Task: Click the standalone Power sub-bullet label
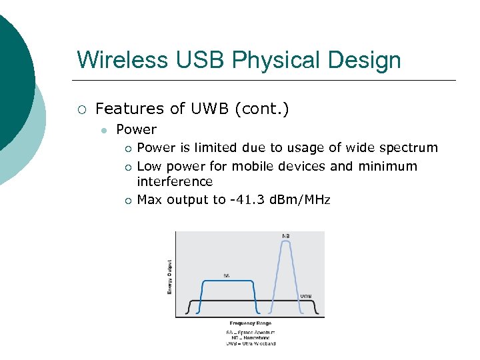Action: coord(136,129)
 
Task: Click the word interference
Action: coord(175,181)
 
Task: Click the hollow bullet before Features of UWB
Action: coord(81,109)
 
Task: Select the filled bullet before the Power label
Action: coord(103,130)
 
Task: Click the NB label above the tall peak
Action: coord(285,236)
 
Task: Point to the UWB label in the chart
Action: coord(305,296)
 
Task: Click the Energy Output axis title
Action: coord(169,277)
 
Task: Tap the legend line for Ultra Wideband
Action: coord(250,343)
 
